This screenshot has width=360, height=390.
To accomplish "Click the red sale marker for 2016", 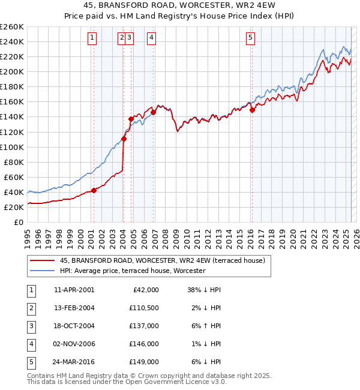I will click(x=253, y=110).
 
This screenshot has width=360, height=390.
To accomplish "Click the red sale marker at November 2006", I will click(x=154, y=112).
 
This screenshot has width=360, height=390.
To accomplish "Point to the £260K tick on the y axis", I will click(x=12, y=26).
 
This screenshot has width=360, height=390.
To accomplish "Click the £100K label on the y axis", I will click(x=12, y=147).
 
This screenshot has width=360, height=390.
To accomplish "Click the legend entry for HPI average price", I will click(x=132, y=271).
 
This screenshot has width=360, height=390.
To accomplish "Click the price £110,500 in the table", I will click(x=145, y=308).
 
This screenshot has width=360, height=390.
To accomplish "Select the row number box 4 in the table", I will click(x=31, y=344).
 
